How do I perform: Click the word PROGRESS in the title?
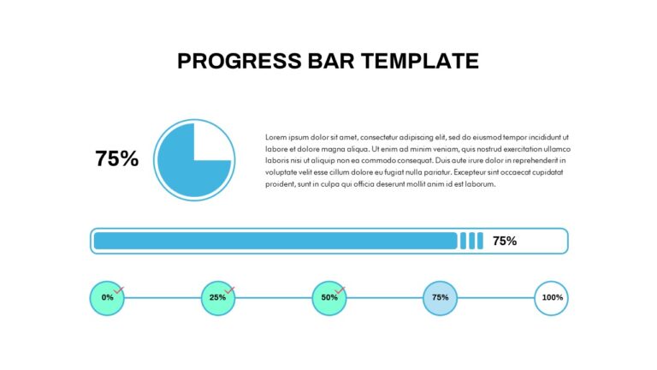pos(240,62)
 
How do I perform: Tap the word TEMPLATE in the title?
pos(420,62)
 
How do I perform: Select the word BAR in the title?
pos(331,62)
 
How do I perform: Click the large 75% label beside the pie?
pos(116,158)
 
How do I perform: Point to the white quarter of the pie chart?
pos(211,142)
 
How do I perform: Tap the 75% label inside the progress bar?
pos(505,241)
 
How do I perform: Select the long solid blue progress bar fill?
pos(275,241)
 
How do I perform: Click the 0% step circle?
pos(107,298)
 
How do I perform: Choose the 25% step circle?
pos(218,298)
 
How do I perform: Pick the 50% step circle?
pos(329,298)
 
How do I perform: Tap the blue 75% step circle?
pos(440,298)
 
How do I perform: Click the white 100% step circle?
pos(552,298)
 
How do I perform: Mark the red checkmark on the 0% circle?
pos(119,289)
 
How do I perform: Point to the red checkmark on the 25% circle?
pos(229,289)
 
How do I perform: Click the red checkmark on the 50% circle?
pos(340,289)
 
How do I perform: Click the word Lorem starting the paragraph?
pos(275,137)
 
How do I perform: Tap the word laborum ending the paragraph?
pos(480,184)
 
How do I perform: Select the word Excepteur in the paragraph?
pos(470,172)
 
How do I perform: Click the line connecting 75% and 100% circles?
pos(495,298)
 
